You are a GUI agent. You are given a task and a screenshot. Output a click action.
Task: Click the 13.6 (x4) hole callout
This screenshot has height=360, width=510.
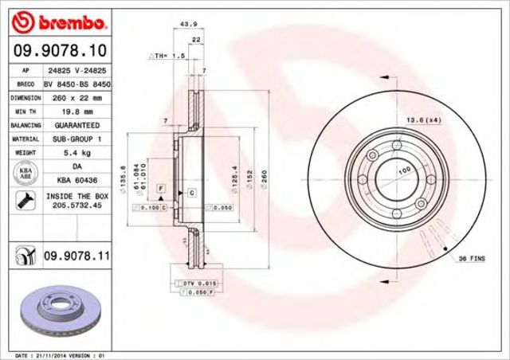(423, 119)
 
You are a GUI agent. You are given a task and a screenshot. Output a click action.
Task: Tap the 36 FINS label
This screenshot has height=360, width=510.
(476, 260)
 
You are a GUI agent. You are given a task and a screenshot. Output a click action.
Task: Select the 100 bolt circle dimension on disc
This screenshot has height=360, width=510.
(404, 170)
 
